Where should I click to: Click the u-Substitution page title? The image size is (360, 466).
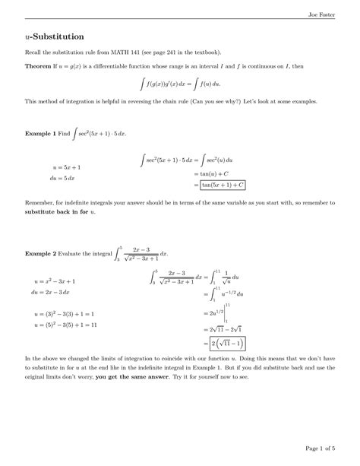pos(53,36)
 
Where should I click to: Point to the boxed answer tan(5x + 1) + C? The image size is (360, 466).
pos(223,184)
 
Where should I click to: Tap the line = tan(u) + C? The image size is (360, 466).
pos(216,173)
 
